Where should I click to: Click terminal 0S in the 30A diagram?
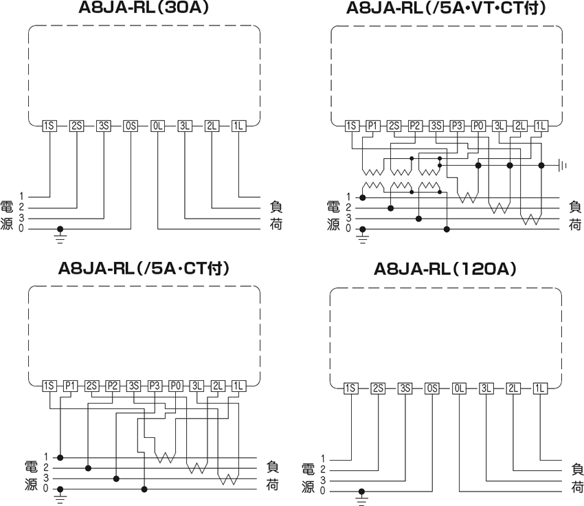[x=131, y=126]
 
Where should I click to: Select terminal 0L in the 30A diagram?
[x=157, y=126]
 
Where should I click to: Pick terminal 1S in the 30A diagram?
[x=49, y=126]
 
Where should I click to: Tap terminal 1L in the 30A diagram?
[x=238, y=126]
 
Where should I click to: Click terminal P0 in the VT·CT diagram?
[x=478, y=126]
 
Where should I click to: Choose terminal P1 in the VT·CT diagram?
[x=372, y=126]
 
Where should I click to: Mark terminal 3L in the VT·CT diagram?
[x=499, y=126]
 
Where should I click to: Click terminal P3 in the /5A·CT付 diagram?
[x=155, y=386]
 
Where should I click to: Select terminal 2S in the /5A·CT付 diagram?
[x=91, y=386]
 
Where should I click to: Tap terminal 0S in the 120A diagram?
[x=432, y=389]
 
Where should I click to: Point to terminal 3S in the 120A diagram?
[x=405, y=389]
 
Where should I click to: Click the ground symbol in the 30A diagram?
[x=61, y=236]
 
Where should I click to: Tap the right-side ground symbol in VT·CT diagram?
[x=562, y=165]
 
